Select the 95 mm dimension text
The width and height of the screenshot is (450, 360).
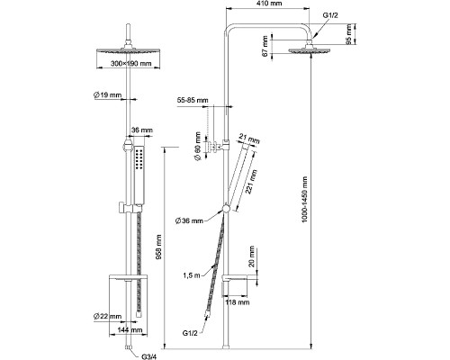pos(348,34)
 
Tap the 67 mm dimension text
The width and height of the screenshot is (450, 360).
pos(265,46)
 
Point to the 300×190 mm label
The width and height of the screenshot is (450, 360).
pos(130,64)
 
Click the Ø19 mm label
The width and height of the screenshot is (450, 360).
pos(107,95)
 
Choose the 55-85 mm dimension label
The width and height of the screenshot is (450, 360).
pos(193,100)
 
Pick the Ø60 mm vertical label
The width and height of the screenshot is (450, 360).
pos(198,146)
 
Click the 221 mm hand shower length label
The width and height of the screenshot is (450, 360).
pos(251,182)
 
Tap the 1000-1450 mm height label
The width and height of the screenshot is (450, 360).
pos(305,199)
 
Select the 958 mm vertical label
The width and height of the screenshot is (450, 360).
pos(159,247)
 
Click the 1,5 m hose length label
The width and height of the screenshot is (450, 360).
pos(192,275)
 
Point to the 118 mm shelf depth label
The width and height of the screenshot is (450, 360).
pos(238,302)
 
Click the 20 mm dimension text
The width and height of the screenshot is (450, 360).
pos(251,256)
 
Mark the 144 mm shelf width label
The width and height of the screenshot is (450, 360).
pos(130,330)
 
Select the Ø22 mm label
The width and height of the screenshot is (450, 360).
pos(107,316)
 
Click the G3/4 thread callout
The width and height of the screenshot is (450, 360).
pos(149,357)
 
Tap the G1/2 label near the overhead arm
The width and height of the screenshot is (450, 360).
pos(330,15)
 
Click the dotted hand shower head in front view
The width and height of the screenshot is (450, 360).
pos(139,175)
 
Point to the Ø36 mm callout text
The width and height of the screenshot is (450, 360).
pos(189,221)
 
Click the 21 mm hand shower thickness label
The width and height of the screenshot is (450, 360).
pos(249,139)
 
